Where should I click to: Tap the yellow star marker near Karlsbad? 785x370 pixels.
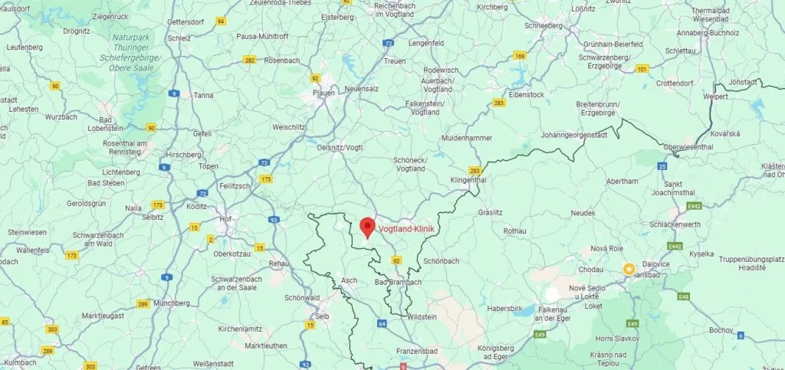[x=629, y=269]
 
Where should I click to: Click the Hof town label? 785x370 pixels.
[x=225, y=218]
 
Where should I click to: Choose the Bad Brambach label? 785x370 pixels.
[x=398, y=283]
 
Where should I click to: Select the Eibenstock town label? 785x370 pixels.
[x=526, y=94]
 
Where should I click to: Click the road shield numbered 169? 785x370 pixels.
[x=521, y=56]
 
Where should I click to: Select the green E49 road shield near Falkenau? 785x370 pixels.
[x=540, y=334]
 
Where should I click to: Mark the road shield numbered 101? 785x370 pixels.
[x=642, y=70]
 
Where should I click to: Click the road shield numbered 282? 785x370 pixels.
[x=249, y=59]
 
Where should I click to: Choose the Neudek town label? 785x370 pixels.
[x=583, y=212]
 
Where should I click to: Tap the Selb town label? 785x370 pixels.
[x=323, y=316]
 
